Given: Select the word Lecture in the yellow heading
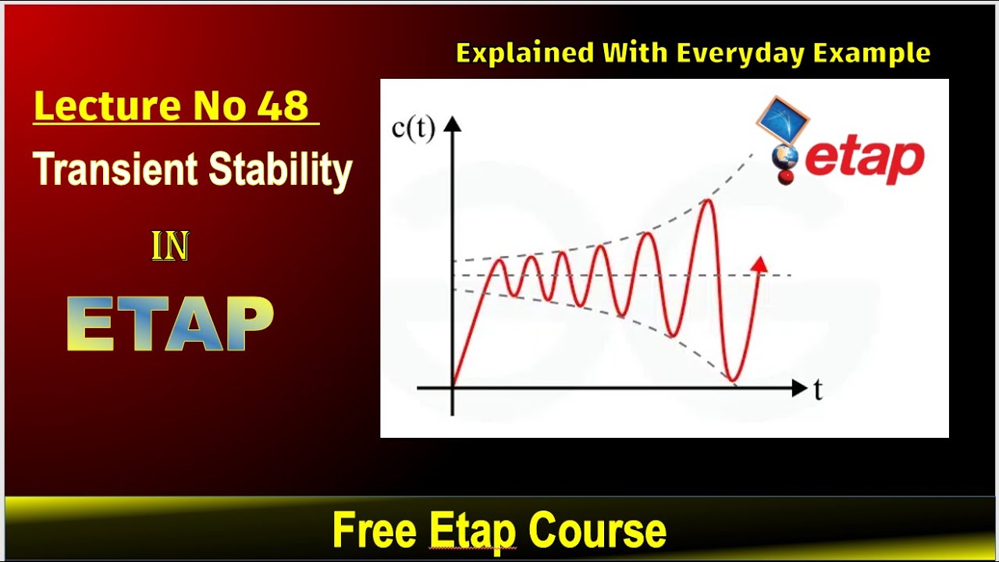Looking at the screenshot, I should (94, 105).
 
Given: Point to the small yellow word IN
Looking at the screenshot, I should (170, 247).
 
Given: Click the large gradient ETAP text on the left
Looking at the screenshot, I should (170, 324).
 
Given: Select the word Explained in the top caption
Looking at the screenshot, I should (524, 53).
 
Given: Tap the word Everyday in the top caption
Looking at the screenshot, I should (741, 53).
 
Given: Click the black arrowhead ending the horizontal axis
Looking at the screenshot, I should (799, 388).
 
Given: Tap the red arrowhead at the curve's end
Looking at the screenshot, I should (758, 264).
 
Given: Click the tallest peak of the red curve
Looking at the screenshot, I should (708, 201).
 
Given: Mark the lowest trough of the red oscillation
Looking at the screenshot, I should (733, 380).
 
